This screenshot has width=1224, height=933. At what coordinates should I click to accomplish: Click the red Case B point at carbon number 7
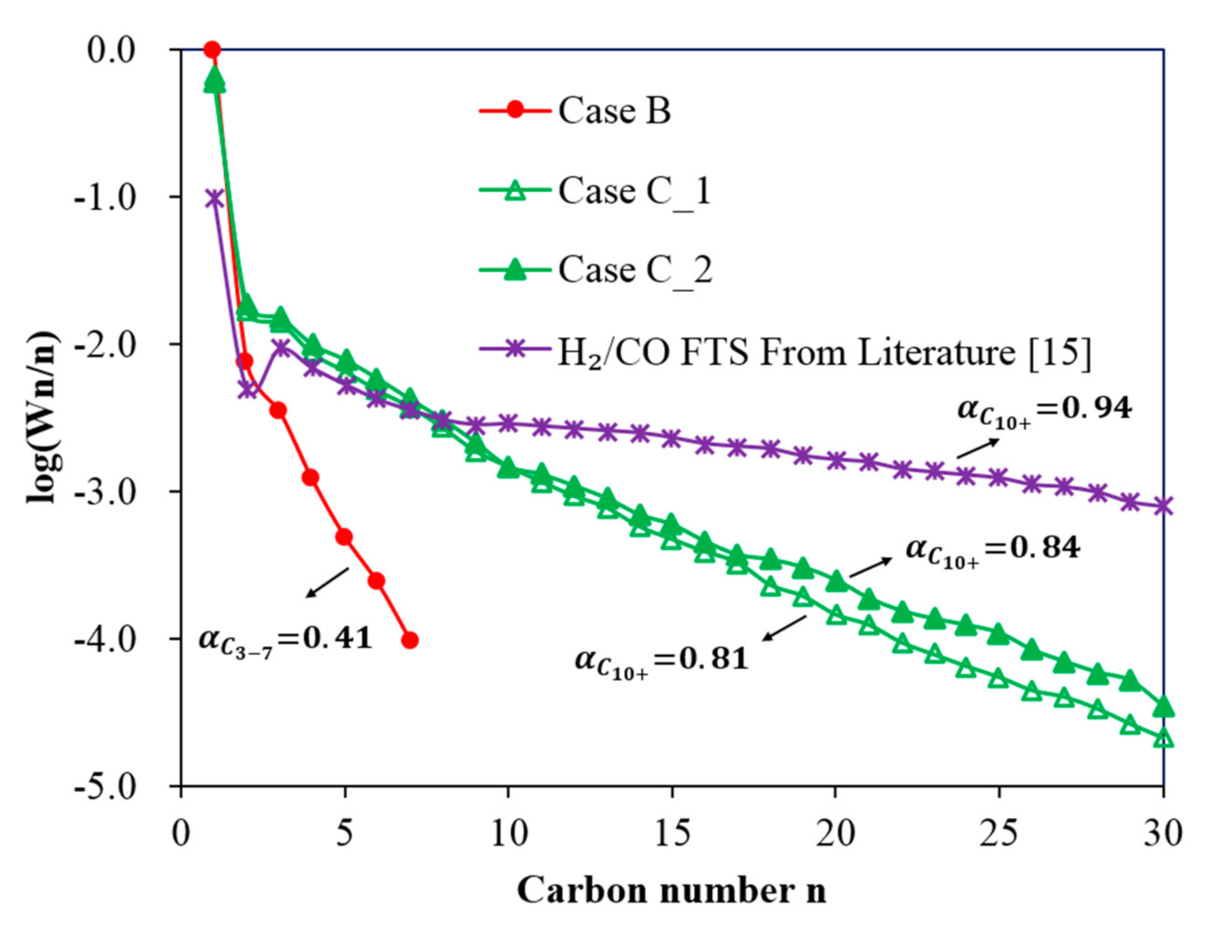(410, 640)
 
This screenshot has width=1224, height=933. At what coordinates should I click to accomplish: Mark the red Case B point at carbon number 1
(212, 50)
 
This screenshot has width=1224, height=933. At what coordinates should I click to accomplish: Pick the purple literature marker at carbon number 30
(1163, 506)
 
